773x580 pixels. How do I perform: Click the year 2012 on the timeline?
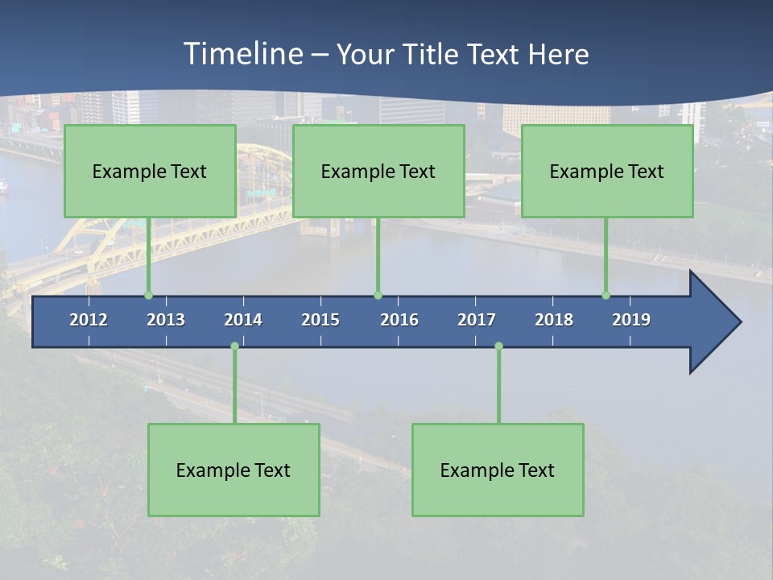coord(89,320)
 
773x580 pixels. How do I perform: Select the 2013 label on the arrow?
coord(166,320)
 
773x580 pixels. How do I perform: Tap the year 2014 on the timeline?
coord(243,320)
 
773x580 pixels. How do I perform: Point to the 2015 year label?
coord(320,320)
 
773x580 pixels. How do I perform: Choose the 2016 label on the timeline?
coord(399,320)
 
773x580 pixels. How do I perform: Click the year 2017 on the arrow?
coord(477,320)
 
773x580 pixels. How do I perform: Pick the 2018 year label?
coord(554,320)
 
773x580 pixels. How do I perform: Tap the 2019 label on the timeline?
coord(631,320)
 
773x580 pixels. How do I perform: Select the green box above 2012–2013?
coord(150,171)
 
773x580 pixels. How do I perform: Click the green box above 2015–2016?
coord(378,171)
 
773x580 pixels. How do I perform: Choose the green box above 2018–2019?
coord(607,171)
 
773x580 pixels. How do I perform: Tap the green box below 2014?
coord(234,470)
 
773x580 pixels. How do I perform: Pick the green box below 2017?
coord(498,470)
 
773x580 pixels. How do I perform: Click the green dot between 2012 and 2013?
coord(148,296)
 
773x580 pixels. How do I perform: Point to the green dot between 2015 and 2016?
coord(378,296)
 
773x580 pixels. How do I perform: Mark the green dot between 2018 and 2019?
coord(606,296)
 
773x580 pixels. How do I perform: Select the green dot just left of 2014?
coord(234,346)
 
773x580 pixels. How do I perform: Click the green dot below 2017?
coord(498,346)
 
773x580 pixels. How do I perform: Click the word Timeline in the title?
coord(244,53)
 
